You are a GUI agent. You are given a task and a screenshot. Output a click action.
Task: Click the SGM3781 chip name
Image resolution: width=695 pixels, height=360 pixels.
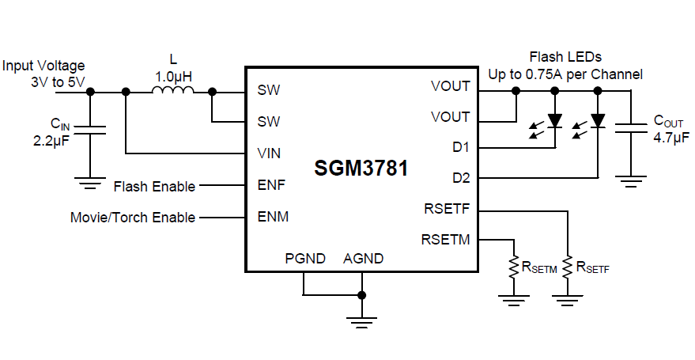[361, 169]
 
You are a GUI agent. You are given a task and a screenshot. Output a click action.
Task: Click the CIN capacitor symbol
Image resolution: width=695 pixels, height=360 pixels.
[90, 131]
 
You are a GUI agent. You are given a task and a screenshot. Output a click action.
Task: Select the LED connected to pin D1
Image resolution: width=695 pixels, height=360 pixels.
[555, 121]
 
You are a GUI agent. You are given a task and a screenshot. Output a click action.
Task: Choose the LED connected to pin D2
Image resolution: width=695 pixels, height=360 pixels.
[598, 121]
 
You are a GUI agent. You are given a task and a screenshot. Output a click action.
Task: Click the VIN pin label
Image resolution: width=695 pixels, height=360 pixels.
[268, 153]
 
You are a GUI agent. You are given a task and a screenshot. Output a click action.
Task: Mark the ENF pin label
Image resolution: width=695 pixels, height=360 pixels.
[270, 185]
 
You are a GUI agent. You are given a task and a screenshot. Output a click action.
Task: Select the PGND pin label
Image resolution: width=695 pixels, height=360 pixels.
[304, 259]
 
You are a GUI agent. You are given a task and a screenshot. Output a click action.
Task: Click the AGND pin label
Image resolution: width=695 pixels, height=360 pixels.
[363, 259]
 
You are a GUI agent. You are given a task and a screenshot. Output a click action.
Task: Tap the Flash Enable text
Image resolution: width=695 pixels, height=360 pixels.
[154, 186]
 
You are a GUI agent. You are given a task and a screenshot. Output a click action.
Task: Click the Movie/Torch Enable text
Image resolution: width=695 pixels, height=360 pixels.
[133, 218]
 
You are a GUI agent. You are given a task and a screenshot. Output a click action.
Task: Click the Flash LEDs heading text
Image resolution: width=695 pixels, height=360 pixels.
[565, 57]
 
